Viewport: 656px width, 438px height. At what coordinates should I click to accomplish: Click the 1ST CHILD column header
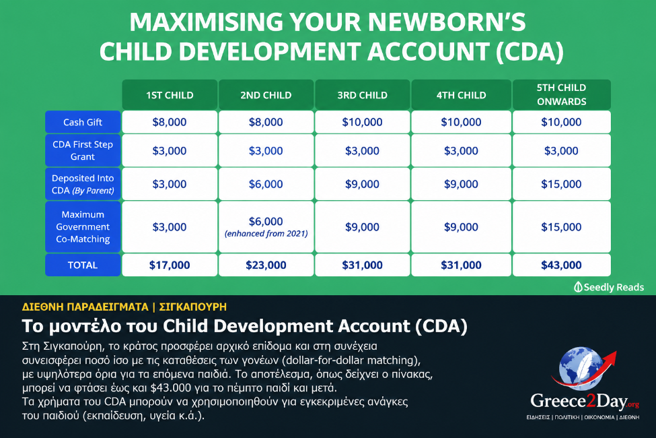tap(170, 95)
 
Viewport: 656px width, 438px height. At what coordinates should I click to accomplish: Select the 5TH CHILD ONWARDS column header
tap(561, 95)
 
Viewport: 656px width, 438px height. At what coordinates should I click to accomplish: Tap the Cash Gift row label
tap(83, 122)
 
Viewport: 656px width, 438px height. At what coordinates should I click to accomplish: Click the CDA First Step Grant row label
tap(83, 150)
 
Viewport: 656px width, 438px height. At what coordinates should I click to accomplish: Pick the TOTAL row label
tap(83, 265)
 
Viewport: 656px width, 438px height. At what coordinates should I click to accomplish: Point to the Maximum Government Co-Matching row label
tap(83, 227)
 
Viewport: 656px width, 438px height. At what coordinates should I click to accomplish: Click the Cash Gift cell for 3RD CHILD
tap(362, 122)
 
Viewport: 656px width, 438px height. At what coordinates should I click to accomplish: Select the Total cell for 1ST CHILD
tap(170, 265)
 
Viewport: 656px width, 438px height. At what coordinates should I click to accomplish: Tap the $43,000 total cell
tap(561, 265)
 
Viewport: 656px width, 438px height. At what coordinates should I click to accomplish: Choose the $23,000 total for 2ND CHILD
tap(266, 265)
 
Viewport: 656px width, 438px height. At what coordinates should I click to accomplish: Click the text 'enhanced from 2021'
tap(266, 233)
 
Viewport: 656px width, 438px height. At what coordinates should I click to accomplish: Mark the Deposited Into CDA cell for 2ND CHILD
tap(266, 184)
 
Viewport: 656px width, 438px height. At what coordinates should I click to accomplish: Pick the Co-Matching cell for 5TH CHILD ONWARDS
tap(561, 227)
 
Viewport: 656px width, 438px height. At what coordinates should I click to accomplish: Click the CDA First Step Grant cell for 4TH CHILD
tap(461, 150)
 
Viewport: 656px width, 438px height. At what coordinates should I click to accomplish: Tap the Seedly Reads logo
tap(609, 287)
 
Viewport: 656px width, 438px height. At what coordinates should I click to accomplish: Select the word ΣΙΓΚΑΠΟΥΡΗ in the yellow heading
tap(193, 307)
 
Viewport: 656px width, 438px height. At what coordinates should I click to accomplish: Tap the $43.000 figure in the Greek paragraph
tap(171, 387)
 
